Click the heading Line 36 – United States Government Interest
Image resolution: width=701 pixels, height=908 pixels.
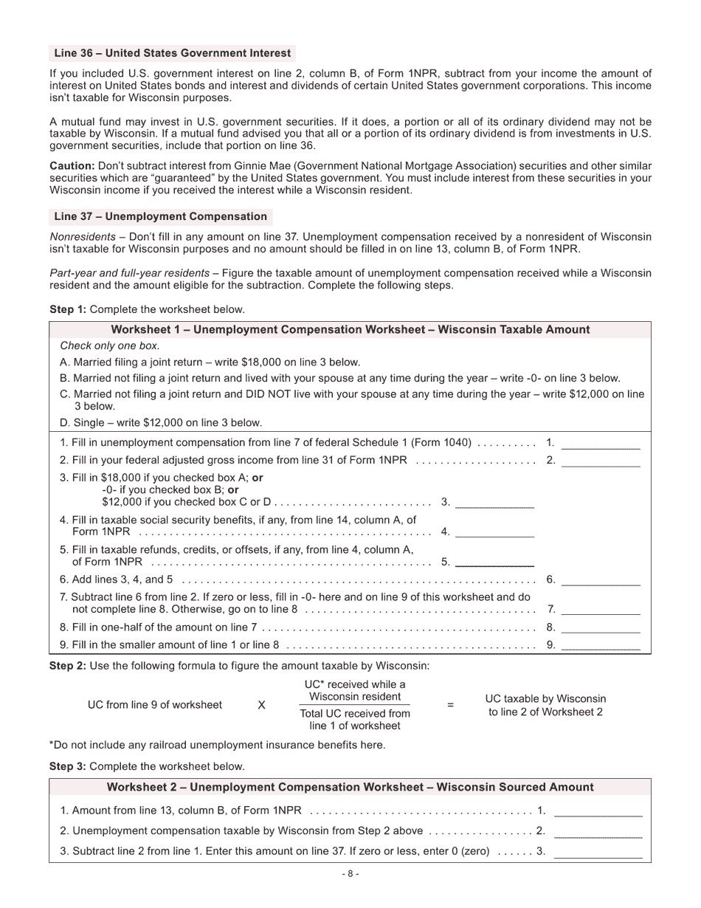[172, 53]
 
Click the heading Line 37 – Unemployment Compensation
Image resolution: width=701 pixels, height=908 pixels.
[160, 216]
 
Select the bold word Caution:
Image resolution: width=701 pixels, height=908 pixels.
[72, 166]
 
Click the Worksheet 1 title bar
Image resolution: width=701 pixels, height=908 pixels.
[350, 330]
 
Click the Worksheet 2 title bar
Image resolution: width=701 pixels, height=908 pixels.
[350, 787]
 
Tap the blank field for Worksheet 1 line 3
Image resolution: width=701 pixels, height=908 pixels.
[494, 502]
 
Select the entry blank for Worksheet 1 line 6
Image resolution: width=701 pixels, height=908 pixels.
[600, 579]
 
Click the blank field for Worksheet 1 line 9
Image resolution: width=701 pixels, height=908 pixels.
[600, 644]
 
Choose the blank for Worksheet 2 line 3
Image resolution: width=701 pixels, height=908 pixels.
[598, 851]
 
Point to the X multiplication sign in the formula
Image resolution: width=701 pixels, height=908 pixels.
[261, 705]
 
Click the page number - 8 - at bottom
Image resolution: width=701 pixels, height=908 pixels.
[350, 874]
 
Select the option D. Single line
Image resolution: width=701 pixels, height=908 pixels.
[161, 423]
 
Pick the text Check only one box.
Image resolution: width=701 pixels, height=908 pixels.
[109, 345]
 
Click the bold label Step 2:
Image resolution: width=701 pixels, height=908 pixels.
[67, 666]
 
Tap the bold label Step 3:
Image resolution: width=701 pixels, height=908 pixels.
[67, 766]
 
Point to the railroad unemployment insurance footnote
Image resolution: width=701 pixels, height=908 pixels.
[217, 745]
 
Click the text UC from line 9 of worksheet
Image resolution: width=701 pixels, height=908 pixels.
[154, 705]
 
